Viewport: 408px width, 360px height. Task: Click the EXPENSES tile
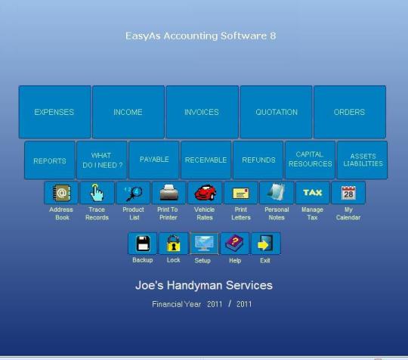(55, 112)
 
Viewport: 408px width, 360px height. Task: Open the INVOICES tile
(202, 112)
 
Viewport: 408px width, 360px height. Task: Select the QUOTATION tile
(276, 112)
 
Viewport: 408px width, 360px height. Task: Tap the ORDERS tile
(350, 112)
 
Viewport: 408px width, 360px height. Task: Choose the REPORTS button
(50, 160)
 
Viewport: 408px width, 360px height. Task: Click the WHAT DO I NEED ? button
(102, 160)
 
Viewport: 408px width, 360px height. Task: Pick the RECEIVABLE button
(206, 160)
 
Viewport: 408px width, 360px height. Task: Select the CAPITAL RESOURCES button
(311, 160)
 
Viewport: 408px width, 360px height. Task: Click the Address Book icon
(61, 193)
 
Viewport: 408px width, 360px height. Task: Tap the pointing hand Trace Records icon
(97, 193)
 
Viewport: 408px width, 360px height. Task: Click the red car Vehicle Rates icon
(205, 193)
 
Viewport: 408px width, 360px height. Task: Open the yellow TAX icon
(313, 193)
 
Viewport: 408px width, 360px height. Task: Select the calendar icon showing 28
(348, 193)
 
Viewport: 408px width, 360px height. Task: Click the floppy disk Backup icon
(143, 244)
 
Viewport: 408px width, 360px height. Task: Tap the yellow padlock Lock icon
(173, 244)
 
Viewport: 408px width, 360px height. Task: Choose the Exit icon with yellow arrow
(266, 244)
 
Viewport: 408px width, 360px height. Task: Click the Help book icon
(235, 244)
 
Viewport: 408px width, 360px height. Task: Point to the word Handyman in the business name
(195, 285)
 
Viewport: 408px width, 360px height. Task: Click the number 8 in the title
(273, 36)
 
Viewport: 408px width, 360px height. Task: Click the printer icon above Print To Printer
(169, 193)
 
